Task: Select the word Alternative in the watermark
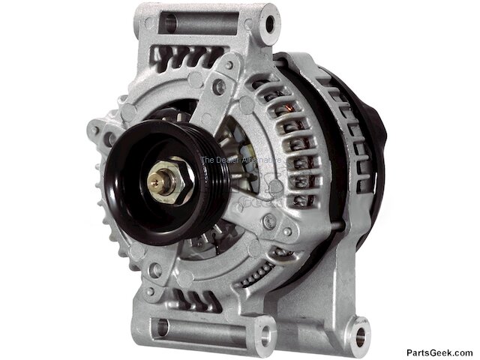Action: tap(259, 160)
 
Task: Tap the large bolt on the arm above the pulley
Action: tap(219, 87)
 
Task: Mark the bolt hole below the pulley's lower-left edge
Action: tap(155, 268)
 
